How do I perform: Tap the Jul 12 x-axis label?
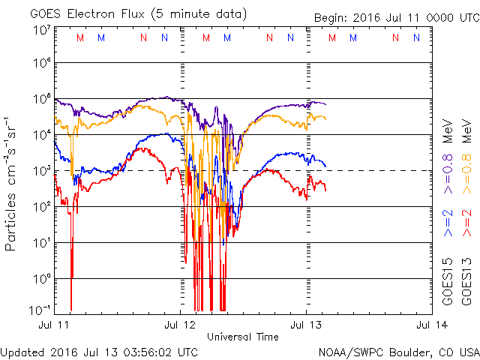tap(180, 325)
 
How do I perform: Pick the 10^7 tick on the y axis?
tap(40, 30)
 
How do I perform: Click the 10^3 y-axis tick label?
tap(40, 172)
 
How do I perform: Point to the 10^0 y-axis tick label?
tap(40, 279)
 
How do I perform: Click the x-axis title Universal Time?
tap(243, 336)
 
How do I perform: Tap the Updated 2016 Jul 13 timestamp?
tap(100, 352)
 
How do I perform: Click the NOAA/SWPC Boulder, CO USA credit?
tap(398, 352)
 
